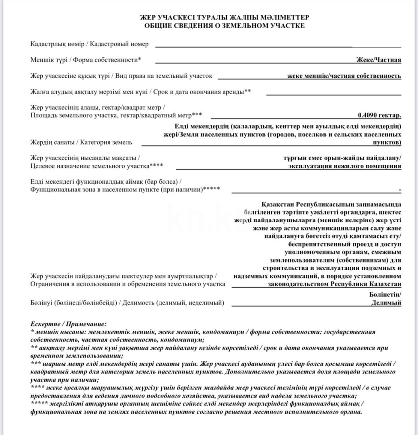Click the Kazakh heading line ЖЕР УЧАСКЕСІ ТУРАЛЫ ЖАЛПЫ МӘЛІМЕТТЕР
tap(224, 18)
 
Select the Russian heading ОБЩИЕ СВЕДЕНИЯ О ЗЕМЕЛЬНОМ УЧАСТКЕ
tap(224, 26)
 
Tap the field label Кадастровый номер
tap(120, 44)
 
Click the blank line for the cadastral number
tap(278, 47)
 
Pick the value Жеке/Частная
tap(379, 60)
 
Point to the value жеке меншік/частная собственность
tap(344, 76)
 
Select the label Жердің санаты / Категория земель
tap(81, 142)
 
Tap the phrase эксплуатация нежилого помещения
tap(345, 166)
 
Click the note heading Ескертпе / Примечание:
tap(68, 324)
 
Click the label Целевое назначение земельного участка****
tap(97, 166)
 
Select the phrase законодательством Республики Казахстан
tap(334, 284)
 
